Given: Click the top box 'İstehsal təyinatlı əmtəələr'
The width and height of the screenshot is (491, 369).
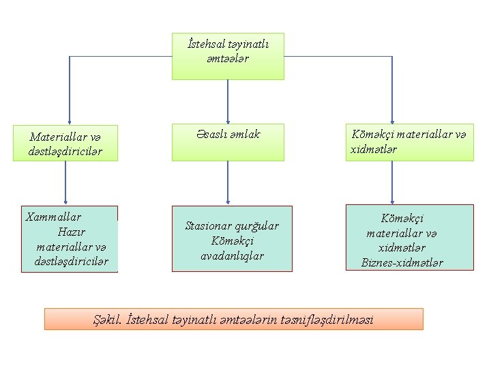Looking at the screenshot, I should tap(228, 56).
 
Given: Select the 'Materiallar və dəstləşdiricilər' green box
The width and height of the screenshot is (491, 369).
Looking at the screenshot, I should tap(65, 143).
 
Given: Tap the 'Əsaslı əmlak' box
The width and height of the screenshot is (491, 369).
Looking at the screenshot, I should tap(228, 141).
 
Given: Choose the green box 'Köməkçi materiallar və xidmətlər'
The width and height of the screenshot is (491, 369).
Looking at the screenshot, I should tap(409, 142).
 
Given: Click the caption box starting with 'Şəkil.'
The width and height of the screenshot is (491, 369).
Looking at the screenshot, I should tap(233, 319).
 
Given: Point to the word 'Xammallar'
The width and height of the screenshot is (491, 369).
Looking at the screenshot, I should tap(53, 217).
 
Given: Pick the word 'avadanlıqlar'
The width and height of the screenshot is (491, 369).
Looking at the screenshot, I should tap(233, 256).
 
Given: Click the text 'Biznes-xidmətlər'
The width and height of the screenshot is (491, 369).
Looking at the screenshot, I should tap(402, 263).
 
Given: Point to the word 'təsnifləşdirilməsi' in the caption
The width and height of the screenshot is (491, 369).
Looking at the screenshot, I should tap(331, 319).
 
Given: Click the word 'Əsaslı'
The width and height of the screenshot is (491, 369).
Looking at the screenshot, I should tap(209, 135).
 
